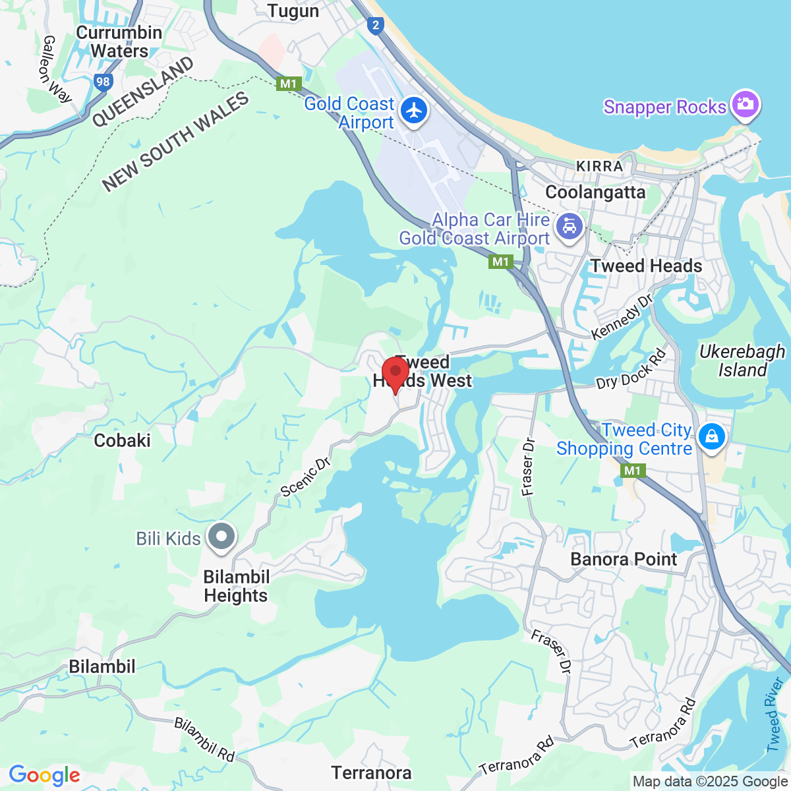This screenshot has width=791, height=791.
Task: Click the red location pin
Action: click(x=395, y=373)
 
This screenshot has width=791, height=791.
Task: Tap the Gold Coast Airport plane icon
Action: click(x=414, y=110)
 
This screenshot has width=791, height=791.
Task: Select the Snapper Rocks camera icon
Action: click(x=745, y=105)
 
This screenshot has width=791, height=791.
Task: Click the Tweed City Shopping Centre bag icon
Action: click(x=712, y=436)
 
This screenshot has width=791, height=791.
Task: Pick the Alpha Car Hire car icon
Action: click(x=568, y=227)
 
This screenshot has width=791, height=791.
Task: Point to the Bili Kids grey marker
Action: click(x=221, y=537)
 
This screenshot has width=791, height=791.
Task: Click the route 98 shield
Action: click(x=103, y=82)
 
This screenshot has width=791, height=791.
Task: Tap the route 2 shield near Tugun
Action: click(x=376, y=26)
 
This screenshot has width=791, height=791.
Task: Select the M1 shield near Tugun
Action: click(x=289, y=84)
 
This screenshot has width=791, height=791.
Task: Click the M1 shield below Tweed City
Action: click(x=632, y=470)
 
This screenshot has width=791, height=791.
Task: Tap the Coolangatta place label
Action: click(x=595, y=192)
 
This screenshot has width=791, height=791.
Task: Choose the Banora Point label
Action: click(x=624, y=560)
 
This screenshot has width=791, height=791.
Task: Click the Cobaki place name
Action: click(x=123, y=440)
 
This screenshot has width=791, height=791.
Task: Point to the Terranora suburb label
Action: click(x=372, y=773)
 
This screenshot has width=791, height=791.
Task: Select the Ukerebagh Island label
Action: click(x=742, y=361)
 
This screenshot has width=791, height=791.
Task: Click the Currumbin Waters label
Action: click(x=119, y=42)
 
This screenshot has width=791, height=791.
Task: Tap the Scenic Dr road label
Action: click(x=305, y=477)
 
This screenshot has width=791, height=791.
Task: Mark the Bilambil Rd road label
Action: click(x=204, y=740)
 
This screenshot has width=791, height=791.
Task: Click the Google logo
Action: click(x=44, y=775)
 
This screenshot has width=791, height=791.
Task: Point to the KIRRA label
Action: click(x=599, y=166)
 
